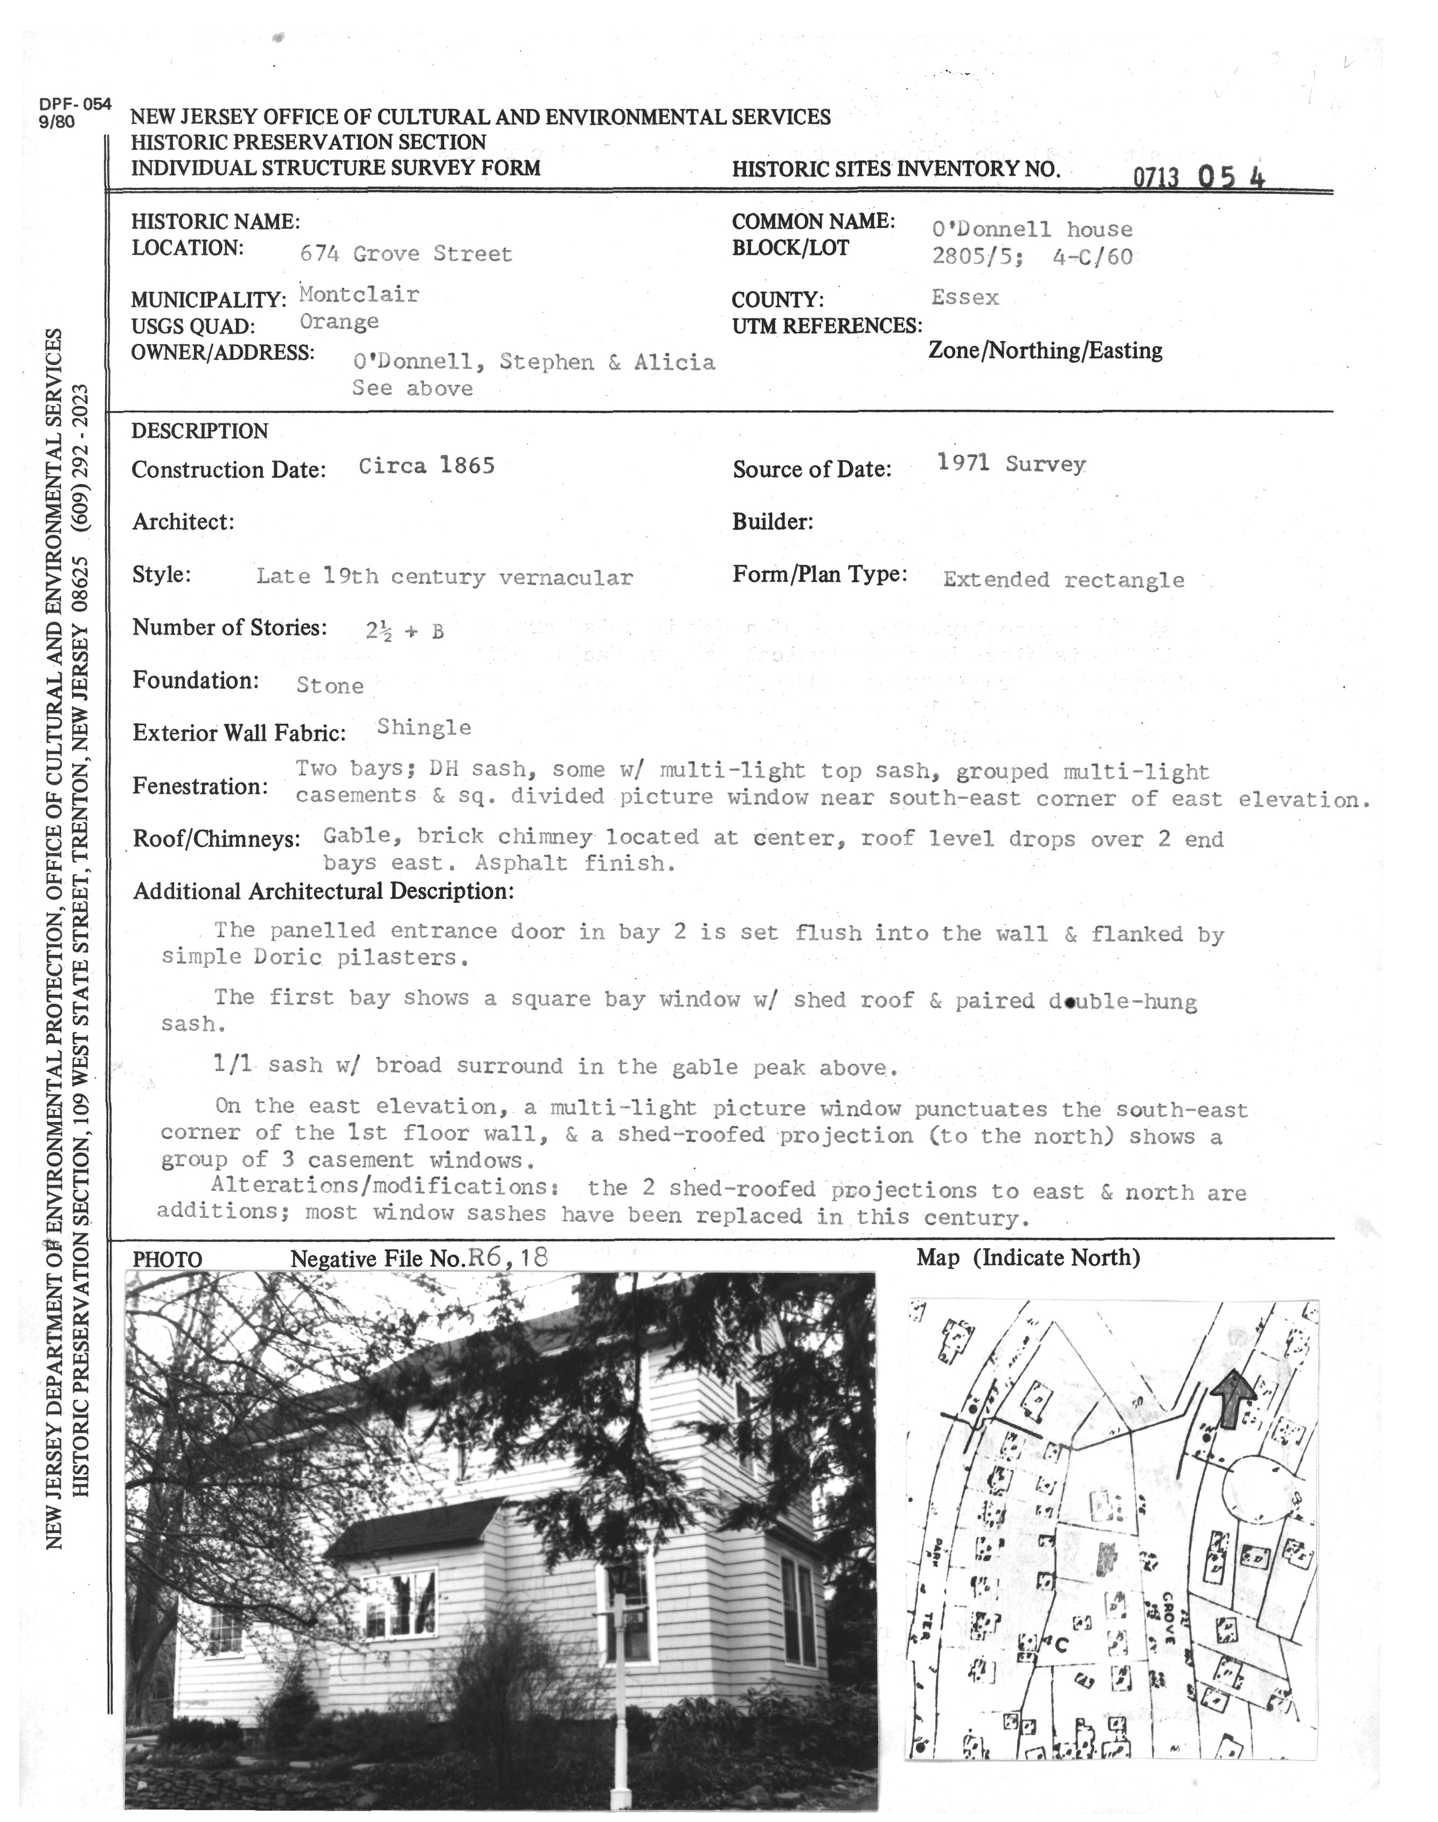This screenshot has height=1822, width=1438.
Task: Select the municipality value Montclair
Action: (x=359, y=295)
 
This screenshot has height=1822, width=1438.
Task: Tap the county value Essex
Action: (x=965, y=297)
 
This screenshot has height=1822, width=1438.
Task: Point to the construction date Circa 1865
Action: (x=426, y=466)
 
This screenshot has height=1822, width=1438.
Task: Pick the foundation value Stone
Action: (x=330, y=685)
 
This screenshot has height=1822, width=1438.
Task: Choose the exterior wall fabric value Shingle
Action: (x=423, y=728)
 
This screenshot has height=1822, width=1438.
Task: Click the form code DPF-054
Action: (x=75, y=105)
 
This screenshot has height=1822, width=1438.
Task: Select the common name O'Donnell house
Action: (x=1032, y=229)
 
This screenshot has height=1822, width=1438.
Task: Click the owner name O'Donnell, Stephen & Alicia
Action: (x=534, y=362)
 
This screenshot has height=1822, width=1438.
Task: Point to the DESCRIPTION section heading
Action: (x=199, y=431)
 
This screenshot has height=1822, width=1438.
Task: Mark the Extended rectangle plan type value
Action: (x=1064, y=579)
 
